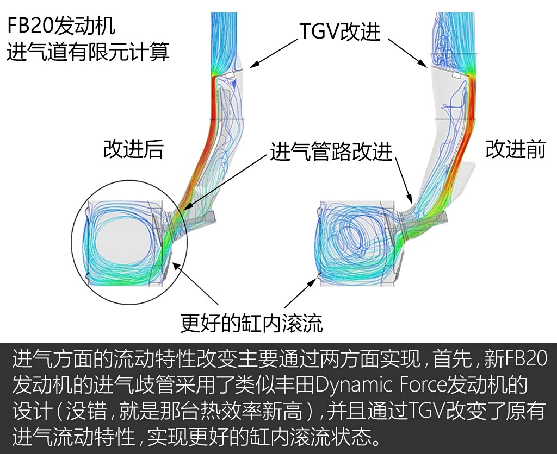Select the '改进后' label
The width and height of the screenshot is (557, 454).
[x=133, y=149]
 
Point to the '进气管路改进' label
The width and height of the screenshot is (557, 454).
[x=331, y=153]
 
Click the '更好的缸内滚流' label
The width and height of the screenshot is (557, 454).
[x=251, y=323]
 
